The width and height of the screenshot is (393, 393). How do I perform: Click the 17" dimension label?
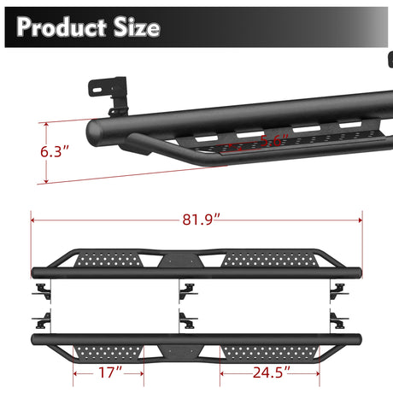(x=109, y=373)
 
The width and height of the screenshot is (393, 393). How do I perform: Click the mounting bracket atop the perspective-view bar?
(x=111, y=92)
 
